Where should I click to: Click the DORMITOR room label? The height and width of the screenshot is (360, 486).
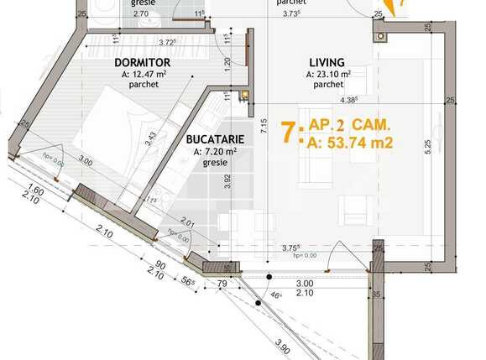pos(142,62)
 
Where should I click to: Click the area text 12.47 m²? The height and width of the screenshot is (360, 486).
pos(150,74)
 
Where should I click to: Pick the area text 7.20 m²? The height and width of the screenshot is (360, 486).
pos(216,151)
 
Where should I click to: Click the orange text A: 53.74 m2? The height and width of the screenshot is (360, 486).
pos(351,143)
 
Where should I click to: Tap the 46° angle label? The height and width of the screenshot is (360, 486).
pos(276,296)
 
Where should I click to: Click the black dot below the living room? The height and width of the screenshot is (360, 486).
pos(269,277)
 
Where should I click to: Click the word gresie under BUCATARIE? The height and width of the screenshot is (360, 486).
pos(215,163)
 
